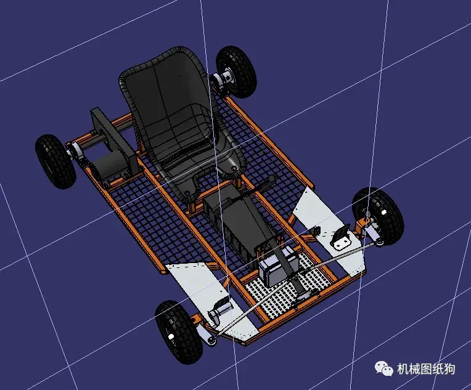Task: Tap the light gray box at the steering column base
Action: (274, 269)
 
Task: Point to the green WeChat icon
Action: (385, 368)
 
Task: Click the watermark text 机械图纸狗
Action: (425, 368)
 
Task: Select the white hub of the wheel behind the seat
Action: (223, 79)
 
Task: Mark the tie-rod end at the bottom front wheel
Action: (213, 338)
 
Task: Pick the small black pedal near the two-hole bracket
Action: (316, 232)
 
